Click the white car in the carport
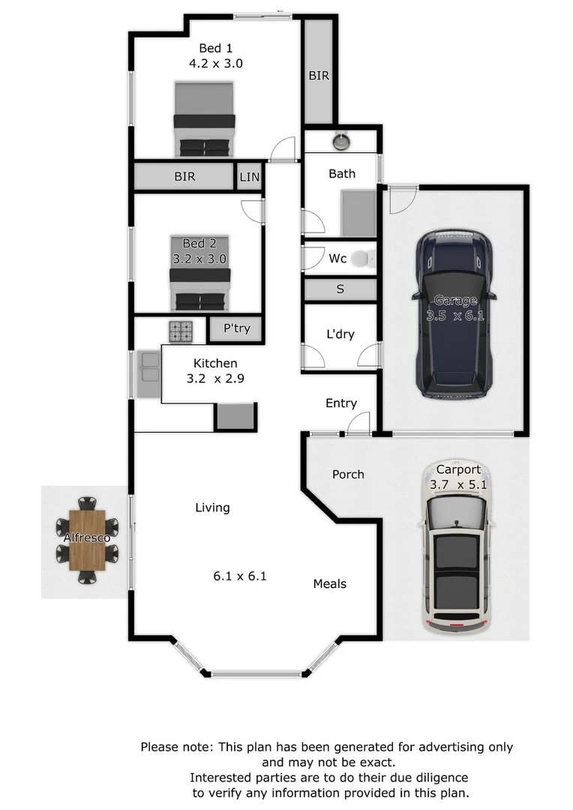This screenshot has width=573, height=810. click(457, 559)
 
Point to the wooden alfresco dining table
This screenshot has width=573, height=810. click(88, 540)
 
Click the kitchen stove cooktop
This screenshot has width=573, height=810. click(180, 330)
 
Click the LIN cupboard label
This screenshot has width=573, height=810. click(249, 177)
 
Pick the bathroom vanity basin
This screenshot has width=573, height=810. click(341, 140)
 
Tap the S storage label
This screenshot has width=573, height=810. click(340, 289)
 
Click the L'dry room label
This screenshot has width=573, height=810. click(340, 334)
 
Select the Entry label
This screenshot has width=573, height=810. click(341, 403)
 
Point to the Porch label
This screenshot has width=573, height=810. click(348, 474)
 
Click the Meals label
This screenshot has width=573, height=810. click(330, 583)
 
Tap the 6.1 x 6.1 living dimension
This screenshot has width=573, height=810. click(240, 577)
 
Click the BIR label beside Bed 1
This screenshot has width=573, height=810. click(319, 76)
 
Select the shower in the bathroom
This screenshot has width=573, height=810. click(358, 213)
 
